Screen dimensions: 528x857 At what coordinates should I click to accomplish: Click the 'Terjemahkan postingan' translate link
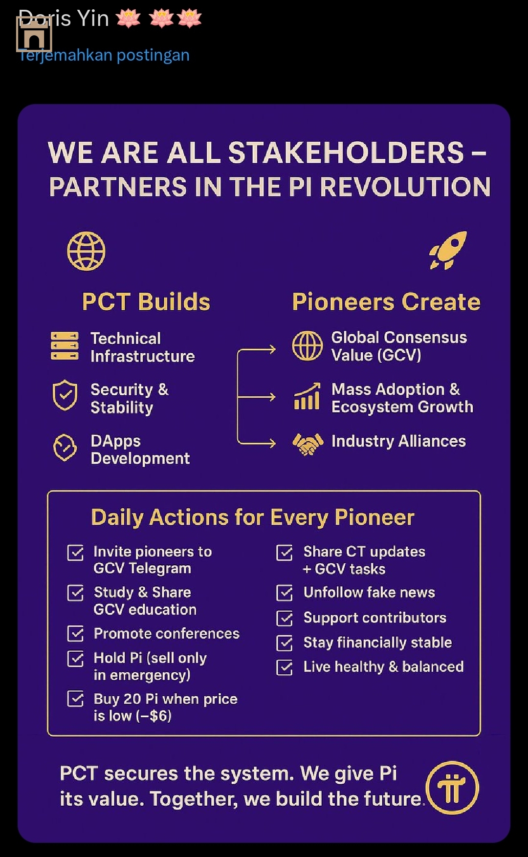coord(104,55)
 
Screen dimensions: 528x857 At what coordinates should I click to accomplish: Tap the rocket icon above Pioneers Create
coord(448,250)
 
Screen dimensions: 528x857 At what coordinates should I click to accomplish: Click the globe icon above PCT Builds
coord(86,251)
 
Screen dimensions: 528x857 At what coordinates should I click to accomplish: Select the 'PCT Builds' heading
coord(146,301)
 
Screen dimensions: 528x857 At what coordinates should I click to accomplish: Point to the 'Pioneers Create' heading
coord(386,301)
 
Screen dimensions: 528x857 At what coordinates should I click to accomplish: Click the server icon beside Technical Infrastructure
coord(65,346)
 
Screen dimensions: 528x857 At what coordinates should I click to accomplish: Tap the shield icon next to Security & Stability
coord(65,395)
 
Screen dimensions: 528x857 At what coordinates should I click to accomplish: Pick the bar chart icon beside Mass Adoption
coord(307,396)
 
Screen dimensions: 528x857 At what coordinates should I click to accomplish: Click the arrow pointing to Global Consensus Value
coord(257,350)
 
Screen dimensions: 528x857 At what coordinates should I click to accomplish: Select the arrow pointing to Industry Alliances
coord(257,443)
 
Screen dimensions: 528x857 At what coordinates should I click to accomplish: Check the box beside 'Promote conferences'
coord(75,634)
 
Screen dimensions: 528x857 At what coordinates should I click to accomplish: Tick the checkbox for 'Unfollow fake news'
coord(285,593)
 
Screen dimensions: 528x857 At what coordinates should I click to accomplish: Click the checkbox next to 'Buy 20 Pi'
coord(75,699)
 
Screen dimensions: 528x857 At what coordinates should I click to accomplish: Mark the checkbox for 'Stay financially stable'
coord(285,643)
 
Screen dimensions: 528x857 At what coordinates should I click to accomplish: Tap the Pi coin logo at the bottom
coord(452,788)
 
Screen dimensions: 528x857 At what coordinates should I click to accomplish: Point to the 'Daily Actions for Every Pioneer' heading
coord(253,517)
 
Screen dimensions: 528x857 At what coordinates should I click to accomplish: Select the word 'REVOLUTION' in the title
coord(405,187)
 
